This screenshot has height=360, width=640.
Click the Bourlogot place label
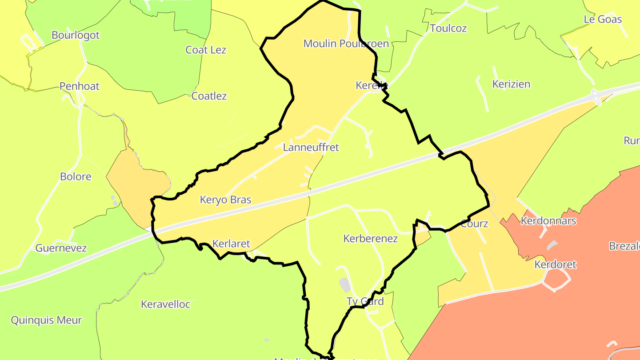(x=76, y=35)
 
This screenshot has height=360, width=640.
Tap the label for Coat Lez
(x=206, y=50)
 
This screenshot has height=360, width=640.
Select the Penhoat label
(x=80, y=86)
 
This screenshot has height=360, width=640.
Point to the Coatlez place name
(x=209, y=96)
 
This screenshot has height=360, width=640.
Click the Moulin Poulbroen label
(x=346, y=44)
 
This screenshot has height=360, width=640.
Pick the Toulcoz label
(x=448, y=28)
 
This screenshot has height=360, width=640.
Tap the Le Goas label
(x=603, y=19)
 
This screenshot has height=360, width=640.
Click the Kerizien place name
(x=511, y=84)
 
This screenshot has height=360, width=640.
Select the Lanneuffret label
(x=311, y=148)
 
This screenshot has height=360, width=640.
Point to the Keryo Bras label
(x=226, y=200)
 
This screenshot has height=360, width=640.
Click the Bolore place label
(x=76, y=176)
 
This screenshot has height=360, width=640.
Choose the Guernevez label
(x=61, y=248)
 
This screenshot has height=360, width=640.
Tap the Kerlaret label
(x=231, y=244)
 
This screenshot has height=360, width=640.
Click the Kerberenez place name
(x=370, y=239)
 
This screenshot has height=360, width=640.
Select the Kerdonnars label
(x=548, y=221)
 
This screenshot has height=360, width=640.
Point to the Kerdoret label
(x=555, y=264)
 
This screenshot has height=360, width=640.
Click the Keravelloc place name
(x=165, y=304)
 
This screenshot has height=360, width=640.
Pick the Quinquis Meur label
(x=47, y=320)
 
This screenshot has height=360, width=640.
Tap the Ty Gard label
(x=365, y=301)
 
